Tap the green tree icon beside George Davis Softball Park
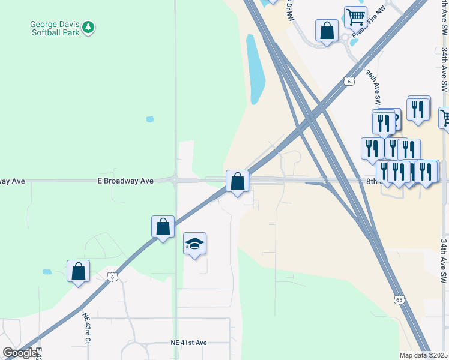pyautogui.click(x=88, y=26)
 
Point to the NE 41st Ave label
pyautogui.click(x=188, y=343)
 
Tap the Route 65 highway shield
pyautogui.click(x=399, y=299)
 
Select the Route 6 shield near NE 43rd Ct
pyautogui.click(x=112, y=276)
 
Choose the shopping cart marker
pyautogui.click(x=355, y=16)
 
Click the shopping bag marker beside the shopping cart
pyautogui.click(x=327, y=30)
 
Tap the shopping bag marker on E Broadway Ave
pyautogui.click(x=237, y=181)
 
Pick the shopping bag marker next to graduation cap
pyautogui.click(x=163, y=226)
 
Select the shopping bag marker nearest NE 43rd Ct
pyautogui.click(x=78, y=271)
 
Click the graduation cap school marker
pyautogui.click(x=194, y=243)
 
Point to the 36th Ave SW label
pyautogui.click(x=373, y=86)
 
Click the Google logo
pyautogui.click(x=20, y=353)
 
